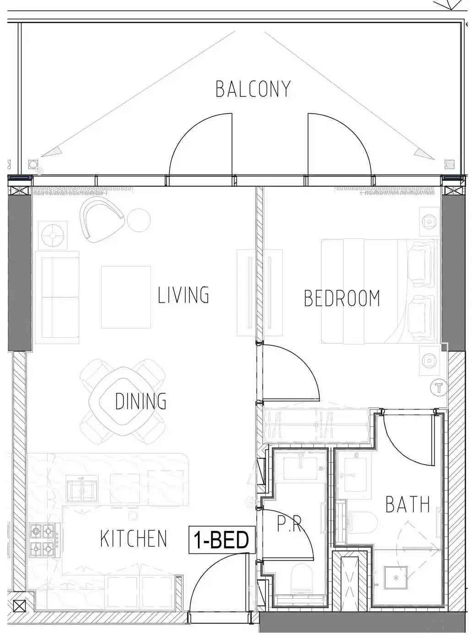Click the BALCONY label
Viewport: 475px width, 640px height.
pos(253,89)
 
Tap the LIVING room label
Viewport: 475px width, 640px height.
pos(183,295)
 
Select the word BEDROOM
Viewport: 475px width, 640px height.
pos(342,298)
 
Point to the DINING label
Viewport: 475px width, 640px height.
pos(141,401)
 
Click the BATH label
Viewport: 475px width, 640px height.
pos(408,480)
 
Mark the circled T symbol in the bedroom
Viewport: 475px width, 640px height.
pos(439,388)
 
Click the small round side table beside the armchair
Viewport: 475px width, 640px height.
pos(139,220)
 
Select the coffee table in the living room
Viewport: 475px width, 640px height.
pos(126,297)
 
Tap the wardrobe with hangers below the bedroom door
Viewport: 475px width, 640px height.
pos(317,426)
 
